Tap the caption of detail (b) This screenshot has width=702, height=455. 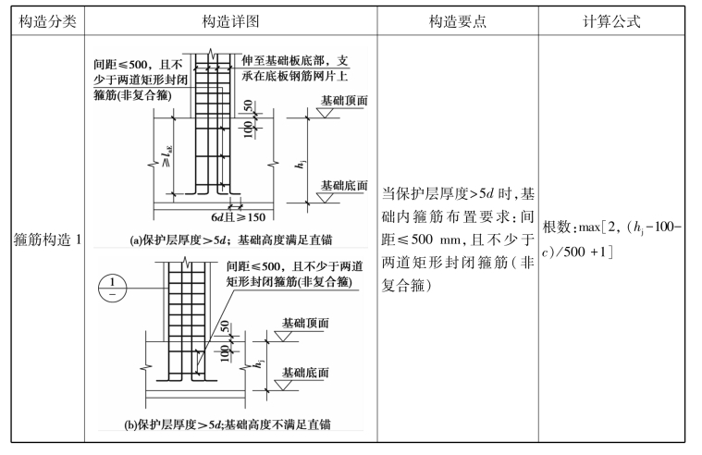(x=231, y=425)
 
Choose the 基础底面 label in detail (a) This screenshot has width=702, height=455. (x=343, y=185)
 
